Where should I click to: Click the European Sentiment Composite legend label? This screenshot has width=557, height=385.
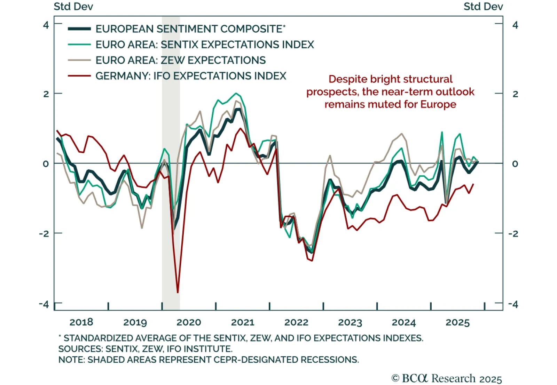(190, 29)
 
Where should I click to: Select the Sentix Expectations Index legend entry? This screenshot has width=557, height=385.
(205, 45)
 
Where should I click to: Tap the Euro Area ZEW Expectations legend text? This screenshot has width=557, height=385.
(180, 60)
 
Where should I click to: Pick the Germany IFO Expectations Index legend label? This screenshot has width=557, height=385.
(191, 76)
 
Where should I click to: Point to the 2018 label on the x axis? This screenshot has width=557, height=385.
(81, 322)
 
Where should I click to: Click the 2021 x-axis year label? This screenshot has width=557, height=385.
(243, 322)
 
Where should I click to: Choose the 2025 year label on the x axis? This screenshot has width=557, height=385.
(457, 322)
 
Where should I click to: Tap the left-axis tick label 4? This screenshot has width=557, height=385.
(46, 25)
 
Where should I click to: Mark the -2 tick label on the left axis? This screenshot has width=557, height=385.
(44, 233)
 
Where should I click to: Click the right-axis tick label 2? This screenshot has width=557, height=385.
(515, 94)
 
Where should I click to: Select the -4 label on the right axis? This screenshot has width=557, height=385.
(513, 304)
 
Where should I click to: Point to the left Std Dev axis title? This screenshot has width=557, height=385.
(73, 7)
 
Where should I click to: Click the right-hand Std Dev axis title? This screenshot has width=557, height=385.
(483, 7)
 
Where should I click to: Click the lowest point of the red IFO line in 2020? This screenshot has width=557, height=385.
(178, 292)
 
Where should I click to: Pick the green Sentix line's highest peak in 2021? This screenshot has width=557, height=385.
(236, 93)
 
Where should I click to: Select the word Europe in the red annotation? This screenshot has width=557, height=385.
(438, 104)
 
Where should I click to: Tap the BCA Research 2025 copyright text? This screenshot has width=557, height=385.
(447, 378)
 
